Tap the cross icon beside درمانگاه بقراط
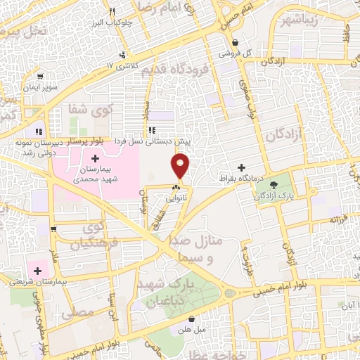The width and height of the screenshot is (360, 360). coord(242,167)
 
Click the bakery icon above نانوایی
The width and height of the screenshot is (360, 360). coord(176,186)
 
